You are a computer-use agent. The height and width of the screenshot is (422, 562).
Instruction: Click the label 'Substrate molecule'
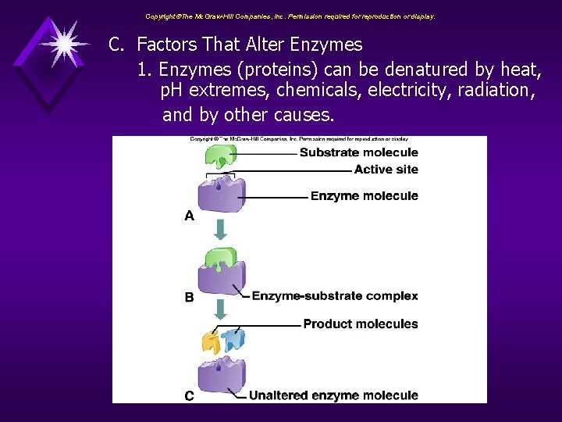pyautogui.click(x=358, y=152)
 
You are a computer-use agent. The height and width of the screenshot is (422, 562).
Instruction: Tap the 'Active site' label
pyautogui.click(x=386, y=170)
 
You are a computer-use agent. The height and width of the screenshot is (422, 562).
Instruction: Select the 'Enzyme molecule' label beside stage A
pyautogui.click(x=364, y=196)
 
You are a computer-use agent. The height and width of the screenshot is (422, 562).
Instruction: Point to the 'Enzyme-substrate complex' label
pyautogui.click(x=335, y=296)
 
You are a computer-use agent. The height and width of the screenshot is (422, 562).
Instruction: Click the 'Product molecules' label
pyautogui.click(x=360, y=324)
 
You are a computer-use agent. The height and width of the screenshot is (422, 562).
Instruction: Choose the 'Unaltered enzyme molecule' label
pyautogui.click(x=333, y=395)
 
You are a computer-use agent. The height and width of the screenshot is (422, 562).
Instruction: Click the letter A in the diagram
pyautogui.click(x=189, y=216)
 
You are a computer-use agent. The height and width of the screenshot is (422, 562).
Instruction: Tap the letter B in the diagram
pyautogui.click(x=189, y=297)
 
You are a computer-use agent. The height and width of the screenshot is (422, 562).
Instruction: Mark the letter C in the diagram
pyautogui.click(x=189, y=396)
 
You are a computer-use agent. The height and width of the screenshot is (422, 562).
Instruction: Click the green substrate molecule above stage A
pyautogui.click(x=221, y=156)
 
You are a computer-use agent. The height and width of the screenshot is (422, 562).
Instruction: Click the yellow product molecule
pyautogui.click(x=211, y=342)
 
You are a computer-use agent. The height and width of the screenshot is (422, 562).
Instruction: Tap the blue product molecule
pyautogui.click(x=233, y=338)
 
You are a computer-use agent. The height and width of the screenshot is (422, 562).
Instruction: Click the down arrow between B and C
pyautogui.click(x=221, y=310)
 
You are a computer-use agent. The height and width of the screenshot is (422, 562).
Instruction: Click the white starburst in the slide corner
pyautogui.click(x=63, y=42)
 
